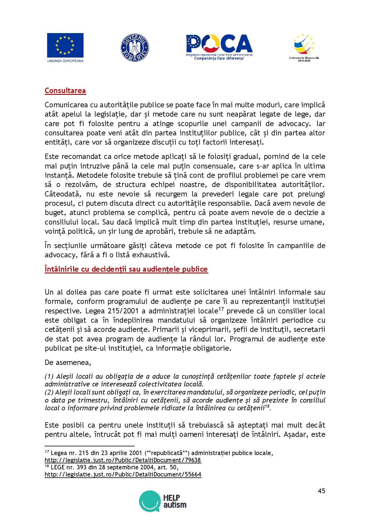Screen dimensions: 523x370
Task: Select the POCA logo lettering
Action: [x=219, y=44]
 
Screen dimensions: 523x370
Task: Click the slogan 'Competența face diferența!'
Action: [x=219, y=58]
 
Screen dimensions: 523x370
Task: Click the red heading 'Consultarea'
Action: [x=65, y=91]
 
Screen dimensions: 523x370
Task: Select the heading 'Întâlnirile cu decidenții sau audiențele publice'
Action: [x=126, y=269]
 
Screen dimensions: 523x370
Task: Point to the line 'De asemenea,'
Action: [x=68, y=363]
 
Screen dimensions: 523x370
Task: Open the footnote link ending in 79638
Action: [x=123, y=460]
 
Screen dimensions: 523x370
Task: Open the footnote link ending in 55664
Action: [x=123, y=474]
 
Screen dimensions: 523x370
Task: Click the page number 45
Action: [x=321, y=491]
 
